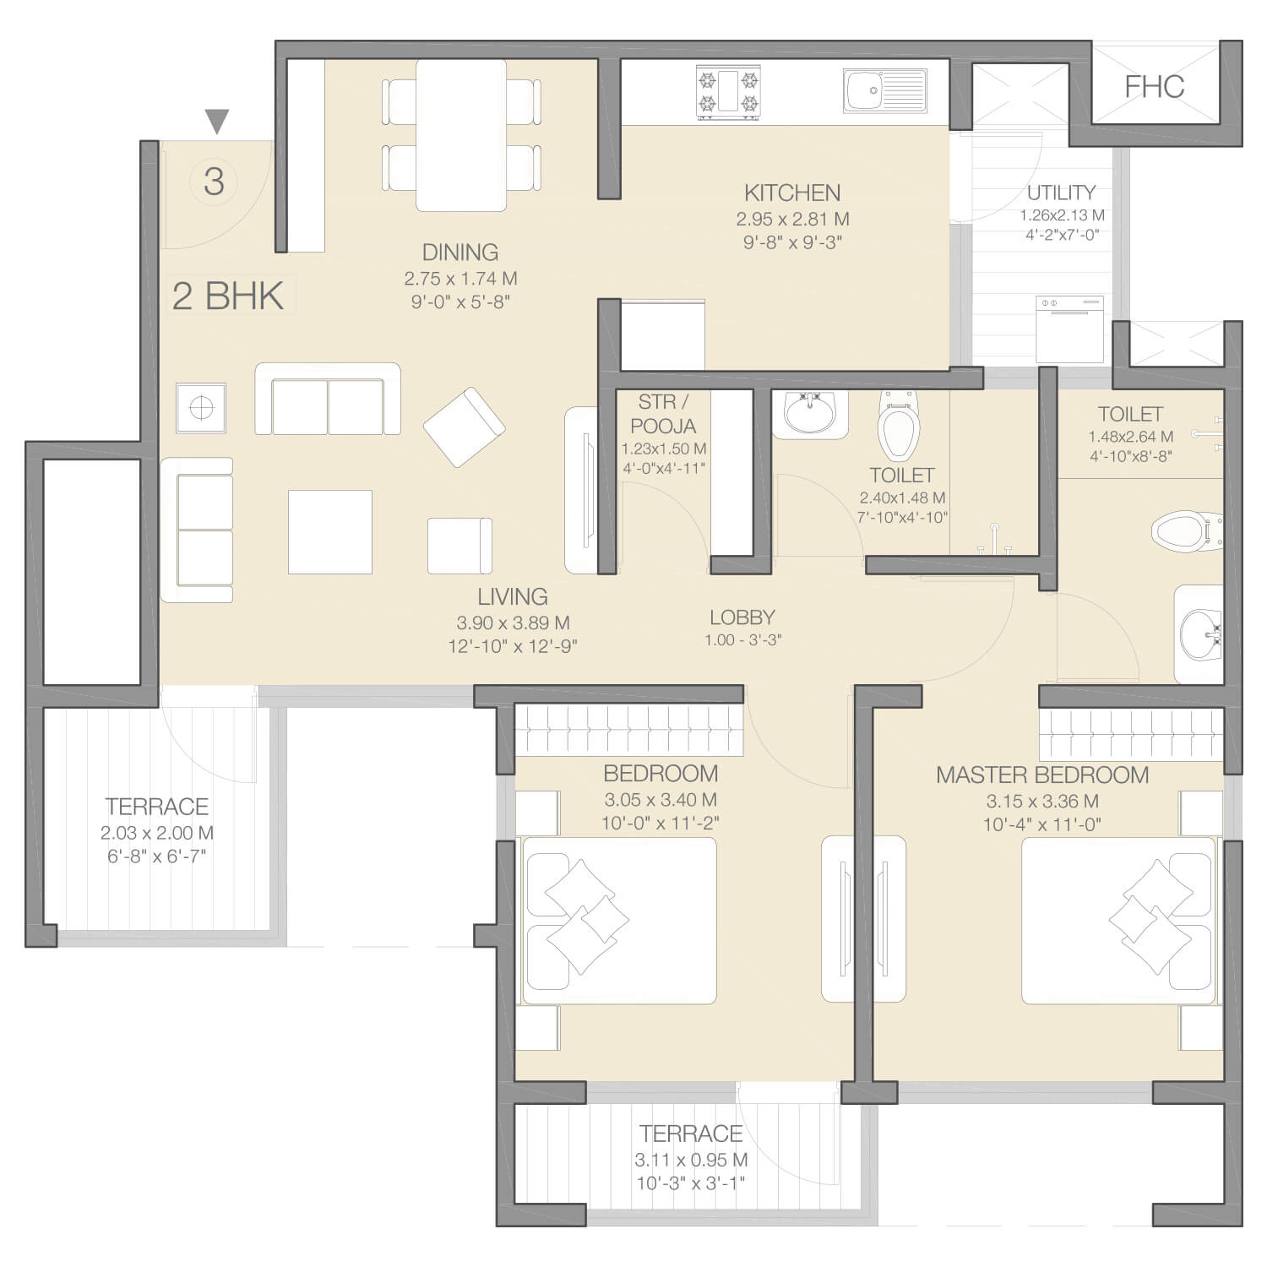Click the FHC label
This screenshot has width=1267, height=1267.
(1154, 87)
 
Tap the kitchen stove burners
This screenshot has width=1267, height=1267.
(727, 92)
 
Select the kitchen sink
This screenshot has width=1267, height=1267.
(884, 91)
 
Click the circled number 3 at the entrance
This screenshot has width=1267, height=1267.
(214, 182)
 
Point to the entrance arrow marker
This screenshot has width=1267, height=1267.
(217, 122)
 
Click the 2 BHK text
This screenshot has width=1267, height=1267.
(228, 296)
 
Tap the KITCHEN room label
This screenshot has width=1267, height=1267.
(792, 193)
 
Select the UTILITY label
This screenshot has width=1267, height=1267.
(1061, 193)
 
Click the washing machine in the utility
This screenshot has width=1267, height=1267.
(1070, 329)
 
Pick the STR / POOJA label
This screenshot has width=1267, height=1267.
(662, 414)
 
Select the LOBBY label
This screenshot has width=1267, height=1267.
(742, 617)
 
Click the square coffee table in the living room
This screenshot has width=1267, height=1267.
(329, 532)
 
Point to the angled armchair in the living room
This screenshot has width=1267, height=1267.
(465, 427)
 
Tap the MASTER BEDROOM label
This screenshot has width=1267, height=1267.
(1042, 775)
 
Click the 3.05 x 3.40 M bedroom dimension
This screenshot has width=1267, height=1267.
(661, 800)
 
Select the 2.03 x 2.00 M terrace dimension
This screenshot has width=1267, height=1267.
(157, 833)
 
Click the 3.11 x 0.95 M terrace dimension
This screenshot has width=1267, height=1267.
(691, 1160)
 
